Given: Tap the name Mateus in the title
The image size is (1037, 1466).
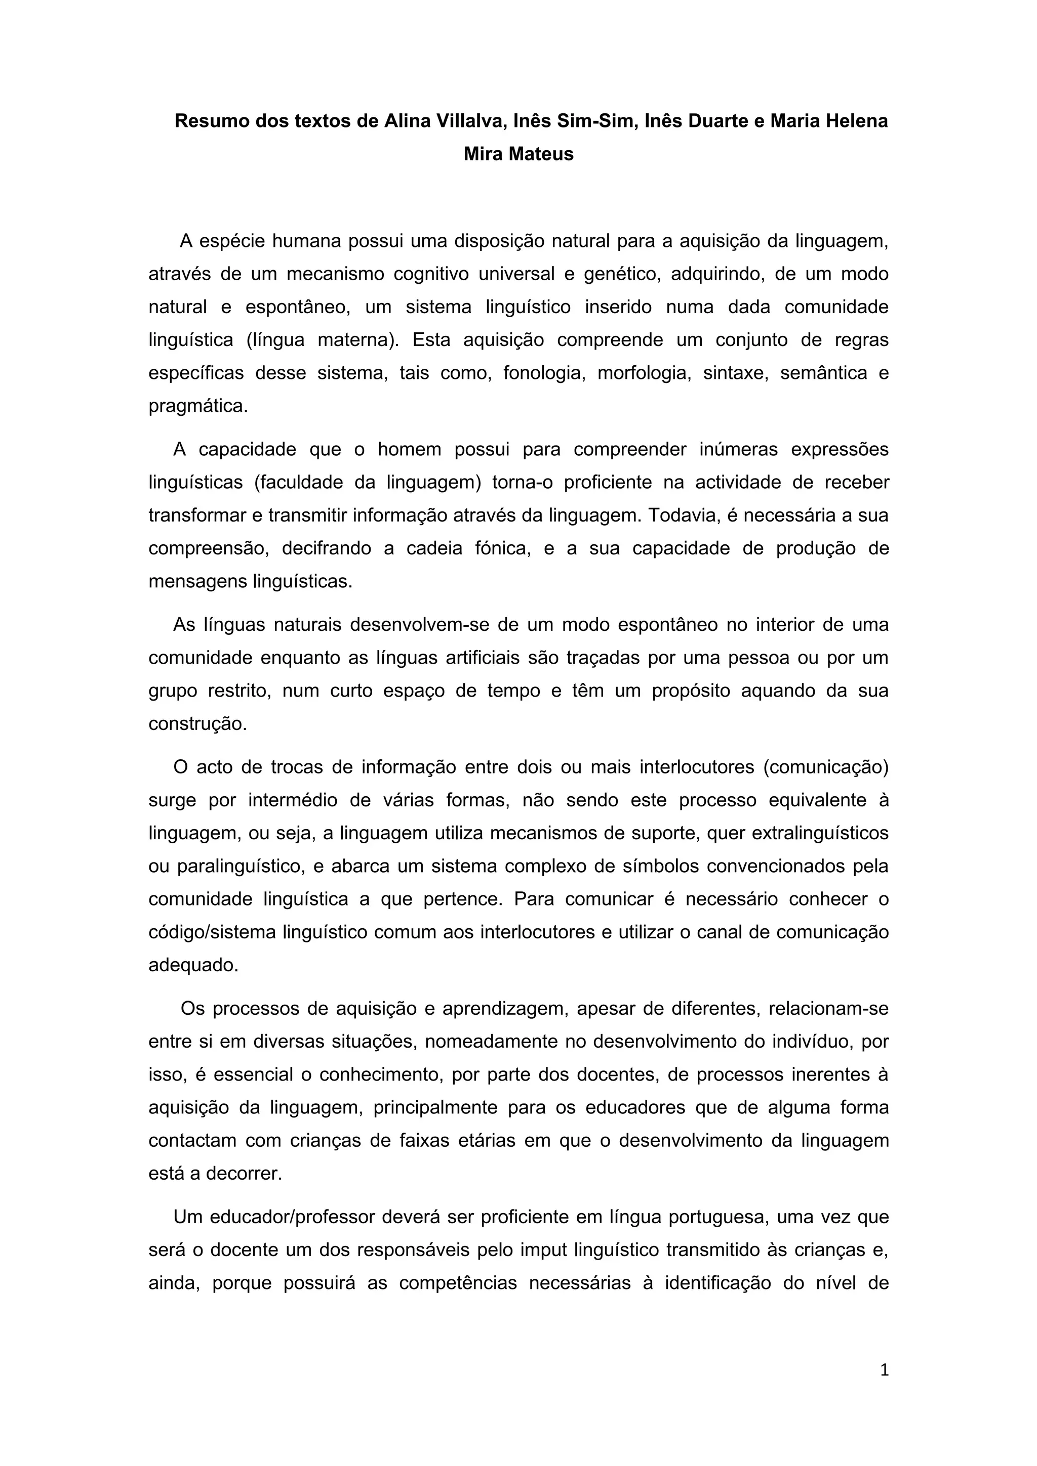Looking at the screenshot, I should coord(542,154).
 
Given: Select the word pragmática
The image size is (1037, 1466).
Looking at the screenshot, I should coord(198,406).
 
